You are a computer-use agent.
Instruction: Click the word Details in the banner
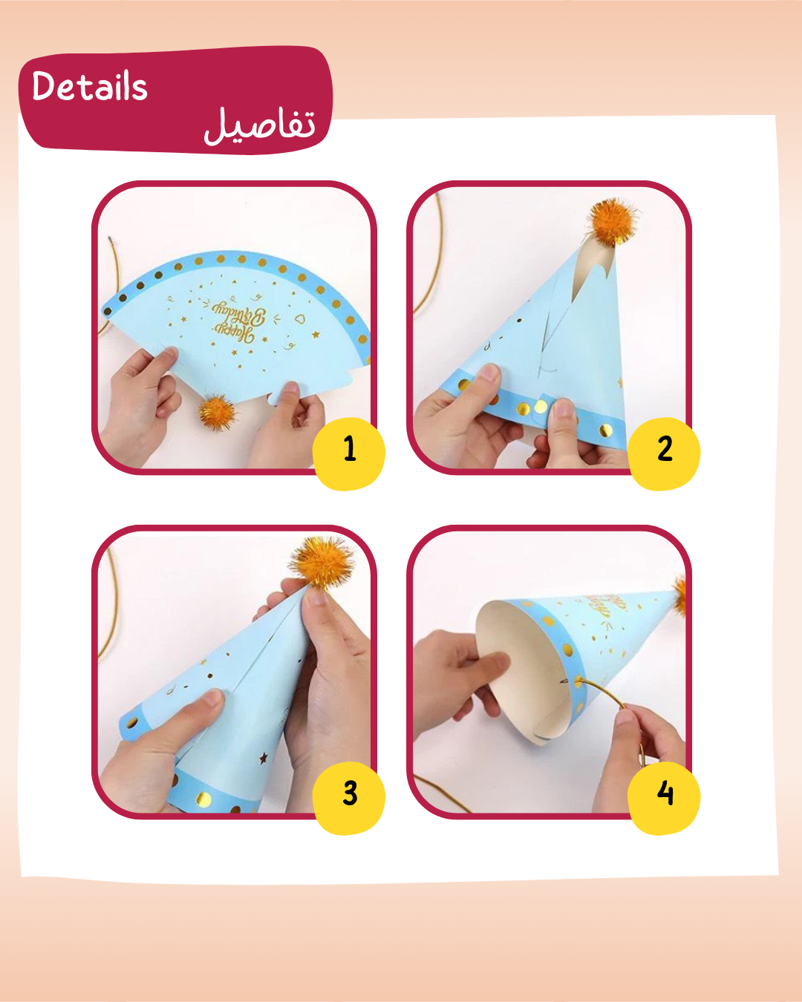tap(90, 87)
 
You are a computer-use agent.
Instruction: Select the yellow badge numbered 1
tap(349, 450)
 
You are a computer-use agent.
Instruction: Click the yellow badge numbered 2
tap(665, 450)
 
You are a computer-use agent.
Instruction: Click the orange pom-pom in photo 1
tap(216, 411)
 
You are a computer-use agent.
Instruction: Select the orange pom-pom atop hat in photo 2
tap(613, 220)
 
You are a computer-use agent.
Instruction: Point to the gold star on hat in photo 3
tap(263, 758)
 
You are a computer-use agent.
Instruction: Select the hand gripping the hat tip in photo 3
tap(327, 668)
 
